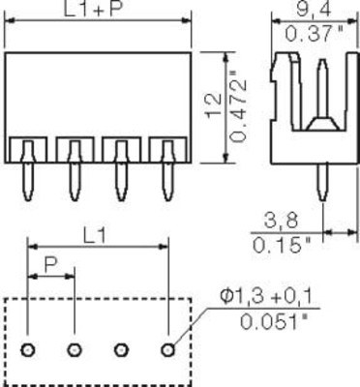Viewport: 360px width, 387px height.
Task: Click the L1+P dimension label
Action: click(94, 9)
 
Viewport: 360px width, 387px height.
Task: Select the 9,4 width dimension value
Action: click(314, 9)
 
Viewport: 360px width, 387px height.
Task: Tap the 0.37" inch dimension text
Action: click(314, 34)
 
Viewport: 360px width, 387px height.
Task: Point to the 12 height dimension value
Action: click(214, 104)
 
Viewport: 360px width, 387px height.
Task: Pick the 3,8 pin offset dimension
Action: click(281, 222)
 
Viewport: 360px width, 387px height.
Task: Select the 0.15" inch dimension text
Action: click(282, 246)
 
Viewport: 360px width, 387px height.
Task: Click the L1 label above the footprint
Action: click(94, 237)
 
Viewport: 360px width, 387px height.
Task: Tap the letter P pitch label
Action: click(51, 265)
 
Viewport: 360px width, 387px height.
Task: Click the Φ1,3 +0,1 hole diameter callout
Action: click(265, 297)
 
